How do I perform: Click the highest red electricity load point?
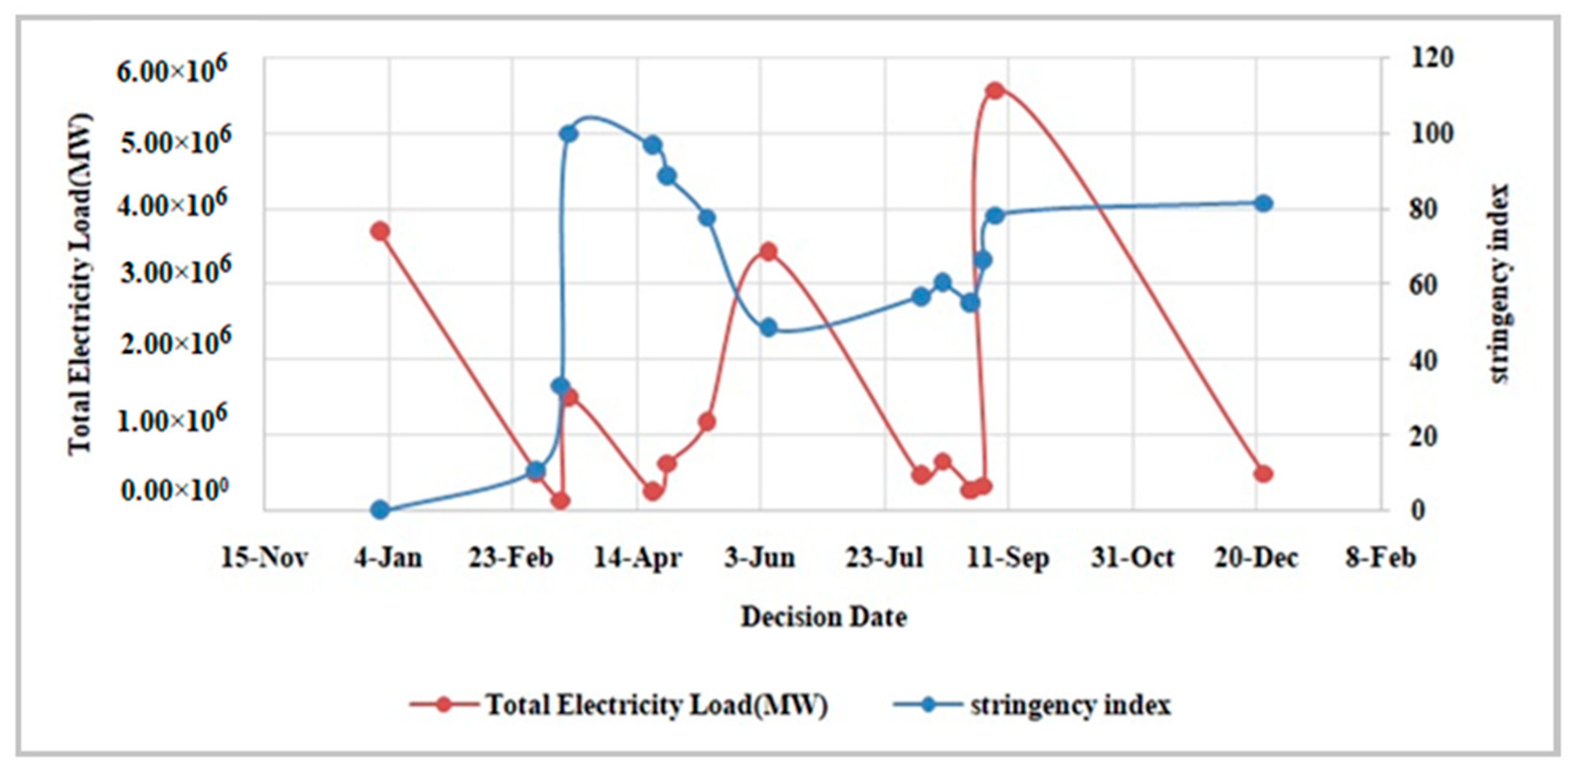tap(995, 91)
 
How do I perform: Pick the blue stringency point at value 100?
tap(568, 133)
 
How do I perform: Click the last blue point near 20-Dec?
tap(1263, 204)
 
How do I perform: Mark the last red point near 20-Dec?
tap(1263, 473)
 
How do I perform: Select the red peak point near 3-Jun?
tap(768, 252)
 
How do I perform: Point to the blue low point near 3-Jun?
tap(768, 328)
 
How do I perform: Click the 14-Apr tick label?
tap(637, 558)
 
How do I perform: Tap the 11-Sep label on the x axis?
tap(1008, 558)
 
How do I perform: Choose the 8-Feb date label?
tap(1380, 558)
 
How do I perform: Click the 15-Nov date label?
tap(264, 558)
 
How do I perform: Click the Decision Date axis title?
tap(824, 617)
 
